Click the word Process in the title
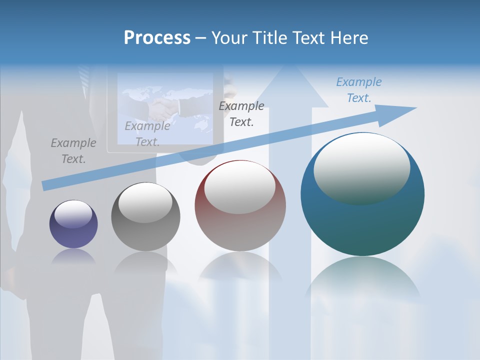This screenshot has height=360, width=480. (157, 38)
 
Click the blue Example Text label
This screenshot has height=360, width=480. (358, 90)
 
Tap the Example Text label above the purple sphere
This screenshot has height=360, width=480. (73, 151)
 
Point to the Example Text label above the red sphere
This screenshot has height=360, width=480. (241, 113)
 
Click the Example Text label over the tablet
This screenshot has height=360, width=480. (147, 134)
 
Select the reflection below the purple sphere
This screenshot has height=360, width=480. (73, 256)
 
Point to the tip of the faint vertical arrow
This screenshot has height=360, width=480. (290, 67)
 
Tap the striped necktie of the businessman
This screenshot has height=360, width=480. (85, 75)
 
